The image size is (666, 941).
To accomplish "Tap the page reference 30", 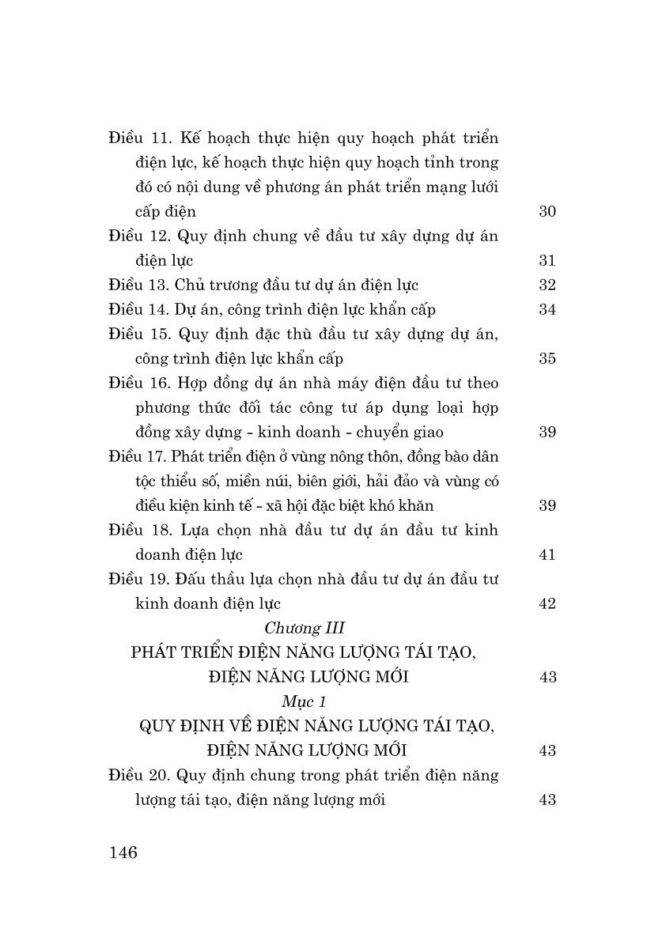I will (547, 211).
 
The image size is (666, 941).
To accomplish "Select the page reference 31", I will (547, 260).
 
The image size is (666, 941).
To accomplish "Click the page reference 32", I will (547, 285).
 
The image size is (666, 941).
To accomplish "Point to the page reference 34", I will (547, 309).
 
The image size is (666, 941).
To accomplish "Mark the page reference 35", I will (547, 358).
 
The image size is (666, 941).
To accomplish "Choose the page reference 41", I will (547, 554).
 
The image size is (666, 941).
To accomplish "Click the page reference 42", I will (547, 603).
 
